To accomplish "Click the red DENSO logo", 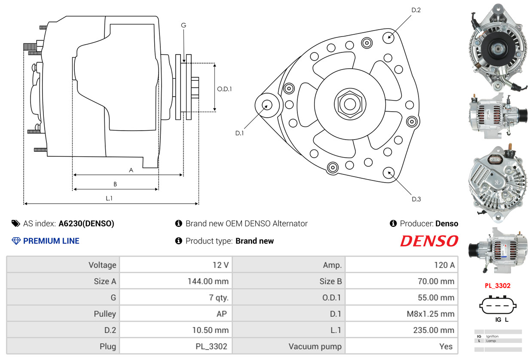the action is [429, 241].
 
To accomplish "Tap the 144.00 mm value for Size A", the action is [208, 281].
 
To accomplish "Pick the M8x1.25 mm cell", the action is [430, 314].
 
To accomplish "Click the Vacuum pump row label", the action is [315, 346].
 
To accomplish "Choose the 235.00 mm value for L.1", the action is [434, 330].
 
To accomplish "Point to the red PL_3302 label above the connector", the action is [498, 285].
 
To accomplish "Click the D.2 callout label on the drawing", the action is [416, 10].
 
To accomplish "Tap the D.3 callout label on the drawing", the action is [416, 199].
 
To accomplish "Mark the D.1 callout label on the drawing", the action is [239, 133].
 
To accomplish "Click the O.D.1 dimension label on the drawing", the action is [224, 89].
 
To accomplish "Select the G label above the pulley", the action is [183, 25].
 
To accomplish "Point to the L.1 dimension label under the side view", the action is [109, 198].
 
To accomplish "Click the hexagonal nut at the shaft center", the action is [350, 104].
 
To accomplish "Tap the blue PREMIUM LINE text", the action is [51, 241].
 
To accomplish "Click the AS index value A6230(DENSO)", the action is [86, 223].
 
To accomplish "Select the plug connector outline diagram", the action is [498, 305].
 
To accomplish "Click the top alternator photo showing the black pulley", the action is [498, 48].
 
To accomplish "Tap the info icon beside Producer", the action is [393, 223].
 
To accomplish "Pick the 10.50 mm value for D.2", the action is [210, 330].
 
